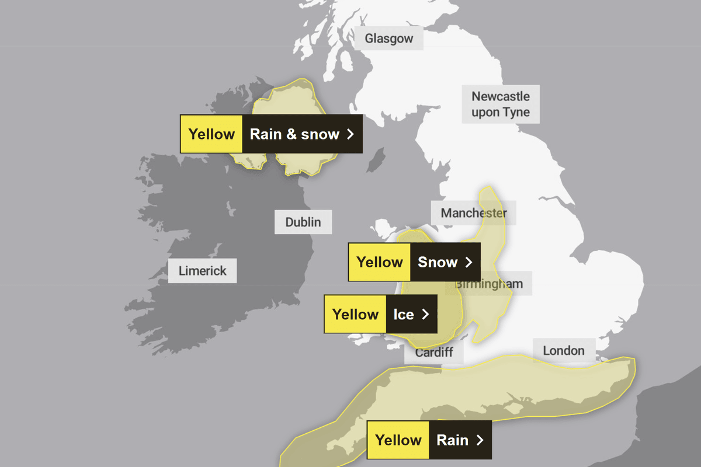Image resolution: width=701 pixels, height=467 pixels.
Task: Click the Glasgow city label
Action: coord(389,39)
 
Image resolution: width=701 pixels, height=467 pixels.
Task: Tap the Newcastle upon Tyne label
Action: coord(501,104)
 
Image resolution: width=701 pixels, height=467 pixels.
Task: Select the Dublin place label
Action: coord(303,222)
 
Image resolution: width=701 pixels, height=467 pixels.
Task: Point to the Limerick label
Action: coord(202,271)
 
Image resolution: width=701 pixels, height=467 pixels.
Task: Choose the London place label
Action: coord(563,350)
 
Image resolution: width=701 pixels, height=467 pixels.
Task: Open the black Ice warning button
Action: coord(411,315)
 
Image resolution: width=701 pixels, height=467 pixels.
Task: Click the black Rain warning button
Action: coord(460,440)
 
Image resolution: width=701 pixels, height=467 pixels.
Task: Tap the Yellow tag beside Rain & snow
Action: coord(211,134)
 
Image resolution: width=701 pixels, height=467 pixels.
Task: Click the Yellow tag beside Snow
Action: coord(380,262)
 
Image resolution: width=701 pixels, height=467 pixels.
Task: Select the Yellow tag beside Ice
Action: coord(355,315)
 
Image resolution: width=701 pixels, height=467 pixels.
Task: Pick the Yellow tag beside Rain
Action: coord(398,440)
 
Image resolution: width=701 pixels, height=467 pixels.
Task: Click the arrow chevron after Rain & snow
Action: coord(350,134)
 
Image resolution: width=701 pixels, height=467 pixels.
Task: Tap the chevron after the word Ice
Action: coord(425,315)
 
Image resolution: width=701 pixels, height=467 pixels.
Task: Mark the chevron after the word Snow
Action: coord(469,262)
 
